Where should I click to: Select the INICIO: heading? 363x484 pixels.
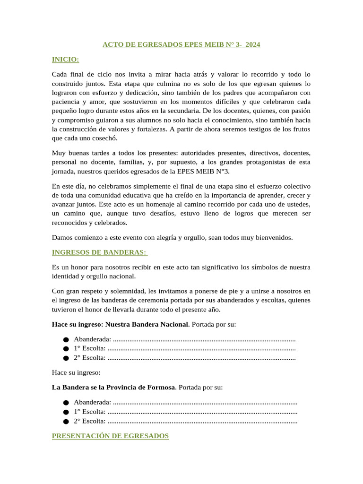point(65,60)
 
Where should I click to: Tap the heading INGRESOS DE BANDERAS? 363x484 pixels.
point(100,252)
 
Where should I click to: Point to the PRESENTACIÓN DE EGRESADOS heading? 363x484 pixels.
point(110,436)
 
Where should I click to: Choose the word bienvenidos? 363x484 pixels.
point(271,237)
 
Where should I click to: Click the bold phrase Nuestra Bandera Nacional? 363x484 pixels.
point(147,324)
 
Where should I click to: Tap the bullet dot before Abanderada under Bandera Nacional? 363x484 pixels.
point(65,340)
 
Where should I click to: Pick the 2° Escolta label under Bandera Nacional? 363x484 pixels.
point(89,358)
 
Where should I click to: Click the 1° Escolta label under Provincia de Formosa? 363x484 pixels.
point(89,412)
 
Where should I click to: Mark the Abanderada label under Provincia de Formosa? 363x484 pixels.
point(93,402)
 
